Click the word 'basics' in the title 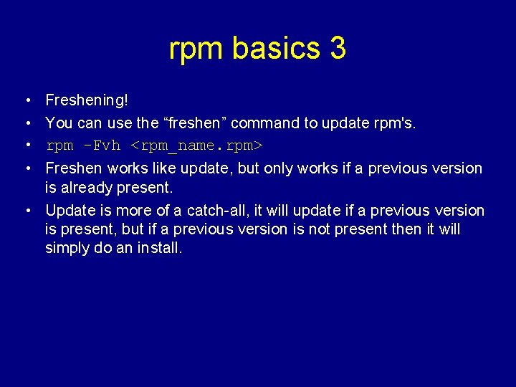pos(277,49)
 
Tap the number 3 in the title pos(338,49)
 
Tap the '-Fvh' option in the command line pos(102,145)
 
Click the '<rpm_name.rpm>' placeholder pos(196,146)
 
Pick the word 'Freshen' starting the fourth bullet pos(75,168)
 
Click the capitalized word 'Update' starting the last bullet pos(70,211)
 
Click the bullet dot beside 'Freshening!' pos(25,100)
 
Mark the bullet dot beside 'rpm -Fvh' pos(25,145)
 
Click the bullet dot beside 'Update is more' pos(25,211)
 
